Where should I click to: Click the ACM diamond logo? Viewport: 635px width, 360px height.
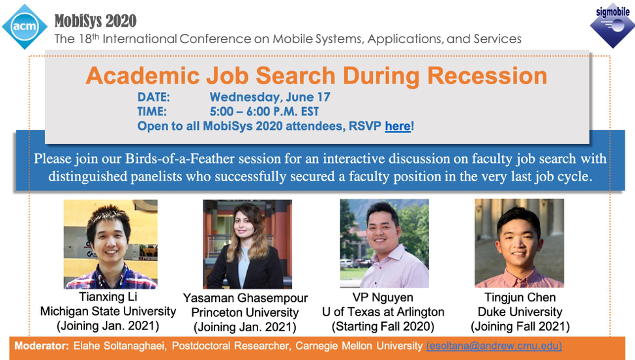click(x=25, y=27)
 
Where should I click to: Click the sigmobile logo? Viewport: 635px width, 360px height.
click(x=613, y=25)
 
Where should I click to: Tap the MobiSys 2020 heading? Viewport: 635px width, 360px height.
click(x=96, y=21)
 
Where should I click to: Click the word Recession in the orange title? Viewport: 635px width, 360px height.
click(x=487, y=76)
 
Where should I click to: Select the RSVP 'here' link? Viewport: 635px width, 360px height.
click(x=398, y=127)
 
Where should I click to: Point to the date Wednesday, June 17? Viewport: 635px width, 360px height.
click(x=270, y=97)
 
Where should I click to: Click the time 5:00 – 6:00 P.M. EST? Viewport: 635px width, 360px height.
click(x=264, y=112)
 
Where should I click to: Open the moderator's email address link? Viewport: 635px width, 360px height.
click(x=494, y=346)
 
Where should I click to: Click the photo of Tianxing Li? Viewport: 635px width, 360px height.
click(x=111, y=244)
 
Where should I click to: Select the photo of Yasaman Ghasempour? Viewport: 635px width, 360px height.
click(x=247, y=244)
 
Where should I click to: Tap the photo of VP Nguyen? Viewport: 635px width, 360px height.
click(x=384, y=243)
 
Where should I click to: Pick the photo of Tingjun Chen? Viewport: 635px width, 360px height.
click(x=519, y=243)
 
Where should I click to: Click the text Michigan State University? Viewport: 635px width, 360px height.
click(x=108, y=311)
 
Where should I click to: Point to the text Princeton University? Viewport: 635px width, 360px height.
click(x=245, y=312)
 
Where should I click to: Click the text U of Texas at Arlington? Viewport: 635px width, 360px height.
click(x=383, y=312)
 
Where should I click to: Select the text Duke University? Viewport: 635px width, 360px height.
click(x=520, y=312)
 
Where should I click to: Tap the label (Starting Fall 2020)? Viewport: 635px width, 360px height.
click(x=383, y=326)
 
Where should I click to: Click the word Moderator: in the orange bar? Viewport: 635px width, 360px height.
click(x=42, y=346)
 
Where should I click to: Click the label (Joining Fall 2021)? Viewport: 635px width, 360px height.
click(x=520, y=326)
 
